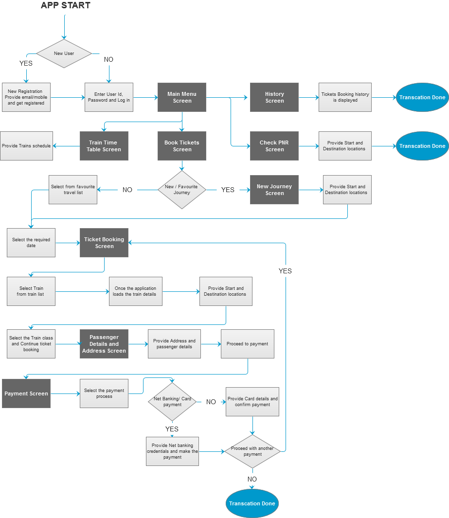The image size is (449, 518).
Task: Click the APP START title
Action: (x=65, y=6)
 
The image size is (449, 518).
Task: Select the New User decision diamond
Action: (x=64, y=54)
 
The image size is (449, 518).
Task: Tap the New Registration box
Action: (x=26, y=97)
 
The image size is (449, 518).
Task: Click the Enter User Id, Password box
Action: (x=109, y=97)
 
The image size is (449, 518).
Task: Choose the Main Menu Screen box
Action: (x=182, y=97)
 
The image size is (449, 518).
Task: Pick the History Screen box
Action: (x=274, y=97)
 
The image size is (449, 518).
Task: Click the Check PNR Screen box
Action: (x=274, y=146)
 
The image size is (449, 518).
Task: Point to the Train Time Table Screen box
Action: (x=104, y=146)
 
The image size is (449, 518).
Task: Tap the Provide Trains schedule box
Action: (x=26, y=146)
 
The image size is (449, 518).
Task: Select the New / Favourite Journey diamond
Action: (x=182, y=190)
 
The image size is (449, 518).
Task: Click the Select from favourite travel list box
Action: (x=73, y=190)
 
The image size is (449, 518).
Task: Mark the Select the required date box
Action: (x=31, y=243)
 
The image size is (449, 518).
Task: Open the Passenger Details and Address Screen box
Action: (x=104, y=344)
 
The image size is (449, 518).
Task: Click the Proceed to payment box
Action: (x=247, y=344)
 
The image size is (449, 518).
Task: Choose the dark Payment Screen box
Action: (x=26, y=393)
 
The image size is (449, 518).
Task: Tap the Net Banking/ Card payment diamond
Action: (x=172, y=402)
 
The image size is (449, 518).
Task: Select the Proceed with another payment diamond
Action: (x=252, y=451)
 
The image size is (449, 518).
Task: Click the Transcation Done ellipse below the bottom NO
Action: (x=252, y=503)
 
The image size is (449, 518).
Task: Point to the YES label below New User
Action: (x=26, y=63)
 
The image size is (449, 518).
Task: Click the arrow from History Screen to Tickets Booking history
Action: (x=308, y=97)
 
